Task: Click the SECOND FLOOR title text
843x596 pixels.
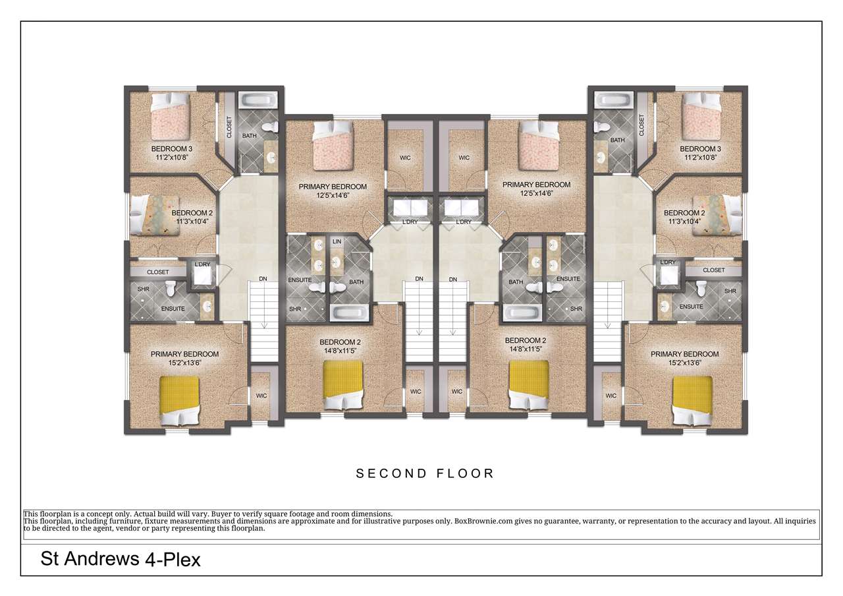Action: [x=425, y=473]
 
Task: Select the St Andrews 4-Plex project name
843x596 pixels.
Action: [x=121, y=560]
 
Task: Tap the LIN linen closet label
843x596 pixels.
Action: [x=337, y=242]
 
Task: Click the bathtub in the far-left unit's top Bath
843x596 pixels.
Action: [x=257, y=103]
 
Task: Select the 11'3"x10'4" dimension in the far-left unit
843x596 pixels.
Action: [x=192, y=222]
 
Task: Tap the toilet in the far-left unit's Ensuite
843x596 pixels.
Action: [x=171, y=288]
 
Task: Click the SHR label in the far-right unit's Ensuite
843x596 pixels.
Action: [x=730, y=291]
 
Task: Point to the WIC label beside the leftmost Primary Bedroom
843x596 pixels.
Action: [x=261, y=396]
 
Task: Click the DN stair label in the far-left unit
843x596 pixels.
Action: [x=263, y=280]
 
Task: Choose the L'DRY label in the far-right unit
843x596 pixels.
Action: [x=668, y=262]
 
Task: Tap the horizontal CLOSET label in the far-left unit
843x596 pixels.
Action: [x=157, y=272]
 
